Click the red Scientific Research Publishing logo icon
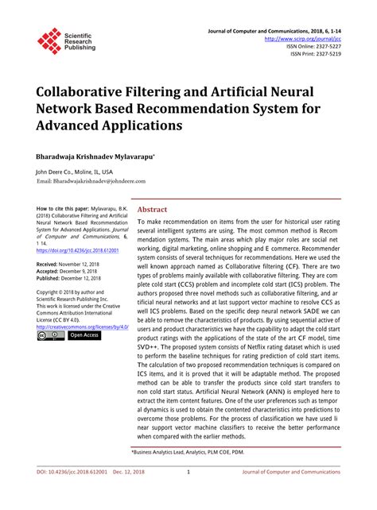(x=49, y=41)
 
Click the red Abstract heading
(x=153, y=209)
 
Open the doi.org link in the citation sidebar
(x=76, y=250)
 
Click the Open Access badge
(x=84, y=335)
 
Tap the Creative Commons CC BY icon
(x=50, y=336)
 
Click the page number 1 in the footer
(x=188, y=473)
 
